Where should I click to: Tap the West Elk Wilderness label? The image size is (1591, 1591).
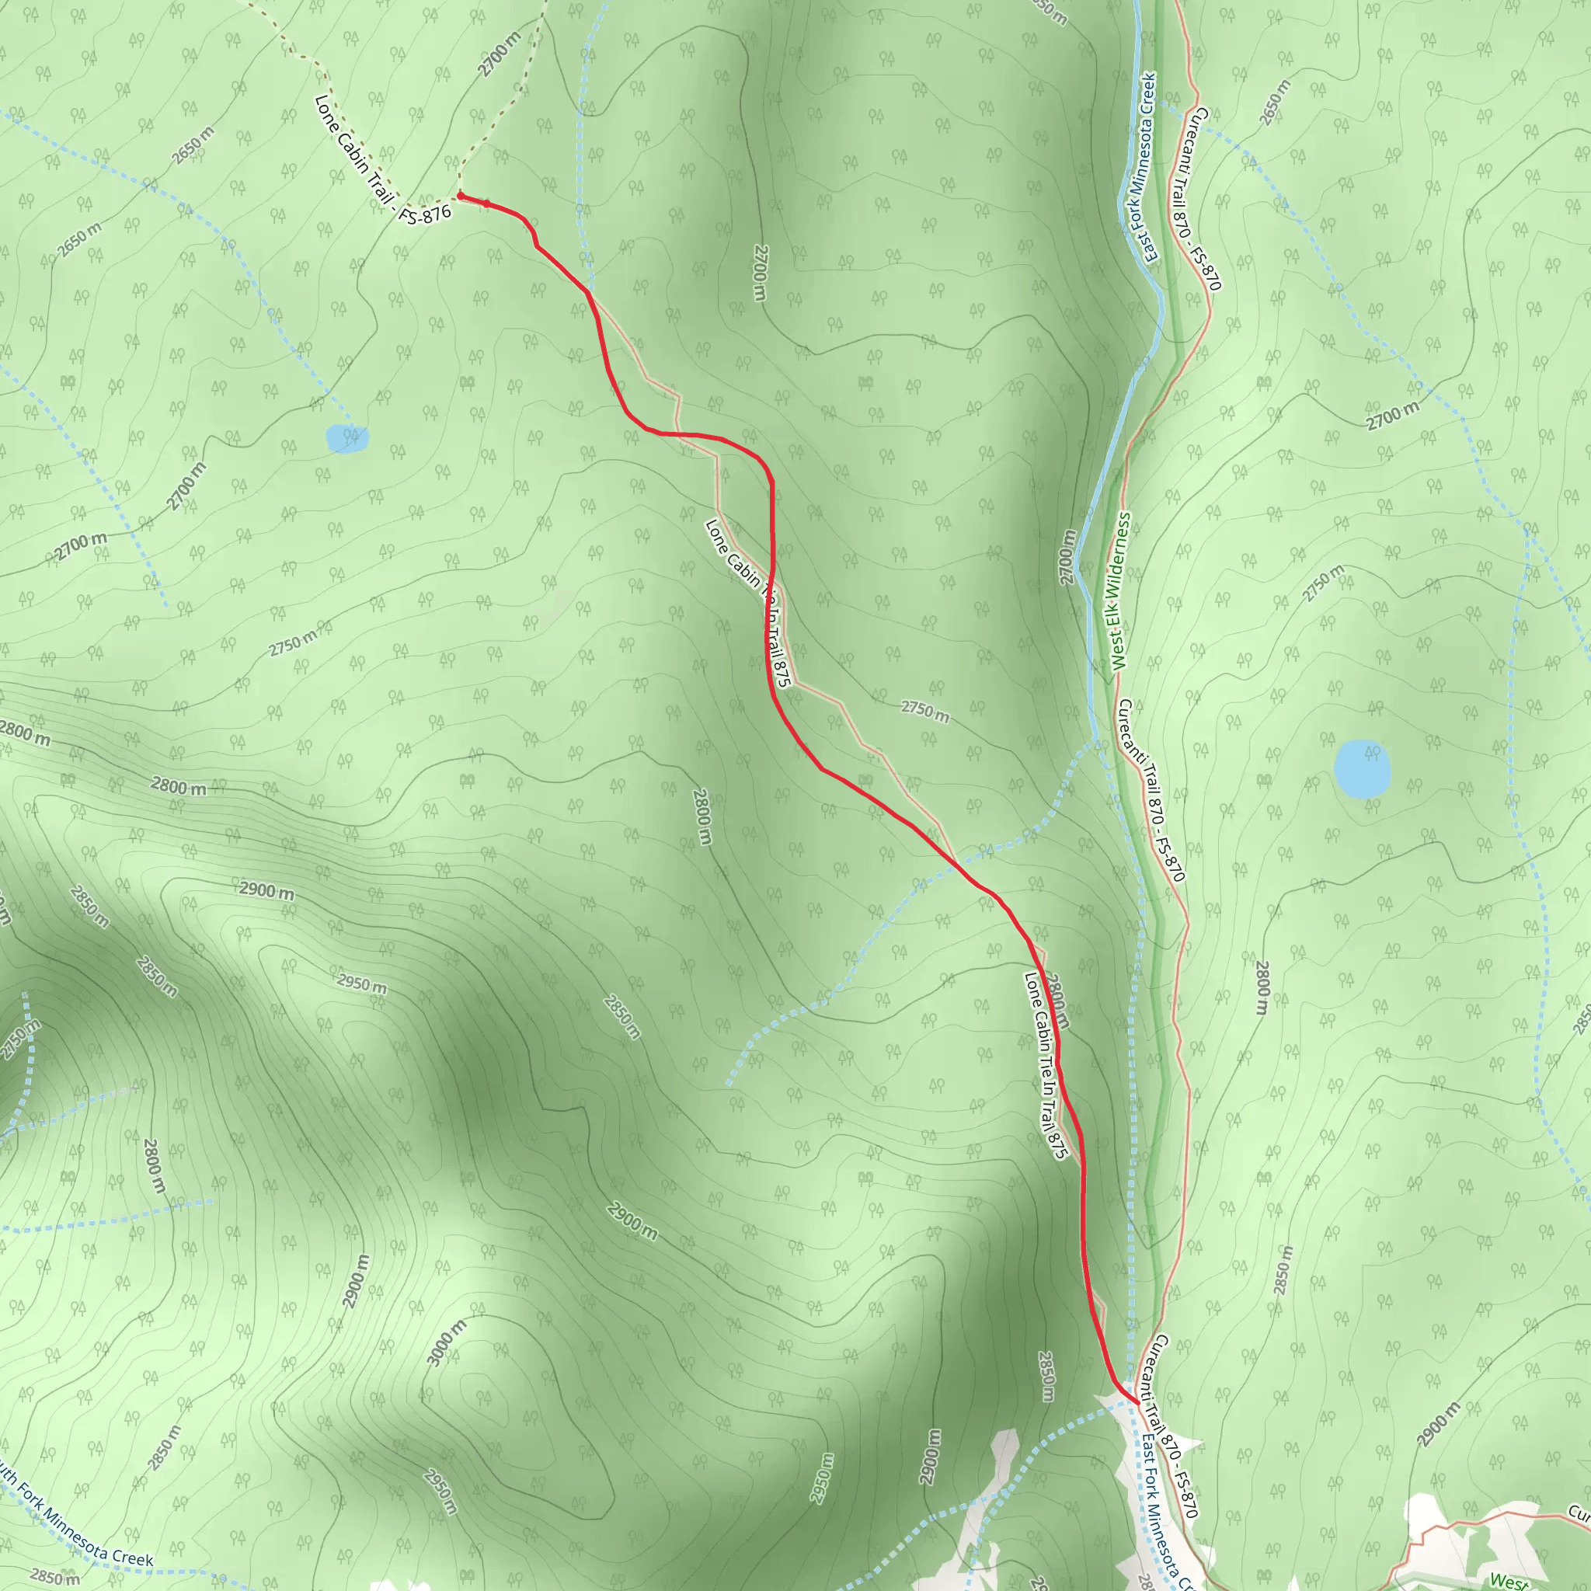[1120, 590]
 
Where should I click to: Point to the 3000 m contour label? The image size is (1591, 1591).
[447, 1343]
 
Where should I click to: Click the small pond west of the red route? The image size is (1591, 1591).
[346, 438]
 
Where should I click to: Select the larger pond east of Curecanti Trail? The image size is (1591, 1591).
[1362, 769]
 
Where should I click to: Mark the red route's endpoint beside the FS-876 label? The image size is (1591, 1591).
[461, 196]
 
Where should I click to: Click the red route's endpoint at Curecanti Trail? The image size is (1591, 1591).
[1137, 1401]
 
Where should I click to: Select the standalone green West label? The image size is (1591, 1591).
[1509, 1580]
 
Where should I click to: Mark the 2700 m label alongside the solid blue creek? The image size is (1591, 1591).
[1067, 558]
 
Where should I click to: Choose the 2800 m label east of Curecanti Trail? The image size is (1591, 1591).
[1262, 987]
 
